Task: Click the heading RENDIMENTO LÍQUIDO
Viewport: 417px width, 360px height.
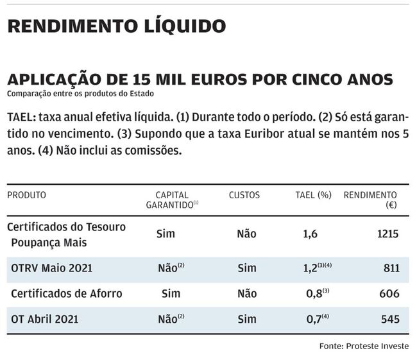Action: [116, 26]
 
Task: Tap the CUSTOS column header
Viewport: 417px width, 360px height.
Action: [244, 195]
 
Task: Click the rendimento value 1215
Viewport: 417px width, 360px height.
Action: [387, 234]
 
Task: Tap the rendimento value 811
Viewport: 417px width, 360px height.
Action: [391, 268]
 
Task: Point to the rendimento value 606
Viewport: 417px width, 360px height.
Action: [390, 293]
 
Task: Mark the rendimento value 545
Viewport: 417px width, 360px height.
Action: [390, 319]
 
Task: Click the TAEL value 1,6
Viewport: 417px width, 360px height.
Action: [310, 234]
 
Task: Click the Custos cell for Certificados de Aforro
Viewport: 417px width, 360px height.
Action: [246, 293]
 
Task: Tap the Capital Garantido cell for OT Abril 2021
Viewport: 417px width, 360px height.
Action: [168, 319]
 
